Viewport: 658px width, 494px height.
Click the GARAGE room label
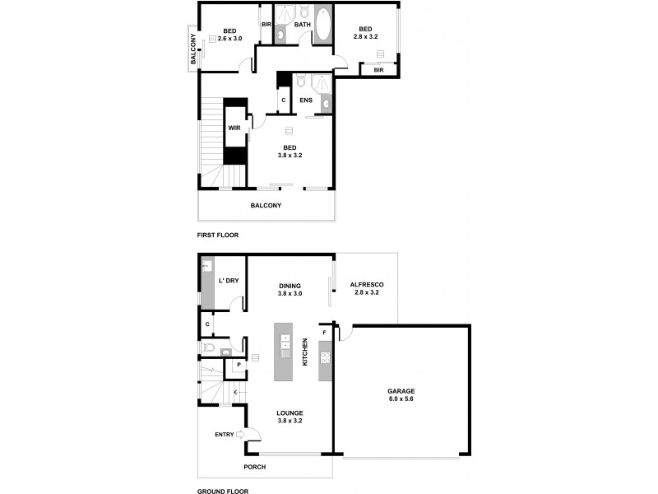tap(401, 391)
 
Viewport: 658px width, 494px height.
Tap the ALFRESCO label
tap(367, 284)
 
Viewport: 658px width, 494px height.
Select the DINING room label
tap(290, 285)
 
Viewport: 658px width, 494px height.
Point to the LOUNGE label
tap(290, 412)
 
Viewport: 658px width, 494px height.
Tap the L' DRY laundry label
tap(229, 281)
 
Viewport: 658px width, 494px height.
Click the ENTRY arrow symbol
tap(240, 434)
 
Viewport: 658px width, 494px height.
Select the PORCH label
tap(254, 468)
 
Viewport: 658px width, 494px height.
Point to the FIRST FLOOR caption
tap(218, 235)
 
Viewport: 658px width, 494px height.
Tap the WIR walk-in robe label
tap(234, 128)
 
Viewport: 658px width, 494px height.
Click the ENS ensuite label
tap(306, 100)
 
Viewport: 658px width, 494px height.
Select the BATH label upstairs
tap(303, 25)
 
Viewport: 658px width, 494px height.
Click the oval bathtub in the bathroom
tap(322, 26)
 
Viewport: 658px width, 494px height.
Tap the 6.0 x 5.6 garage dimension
tap(401, 399)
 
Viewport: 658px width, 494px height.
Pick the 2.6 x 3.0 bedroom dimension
tap(229, 39)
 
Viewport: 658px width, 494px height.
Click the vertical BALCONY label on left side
tap(193, 49)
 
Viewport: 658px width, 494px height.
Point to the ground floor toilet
tap(209, 348)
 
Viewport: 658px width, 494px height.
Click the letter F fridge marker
tap(324, 333)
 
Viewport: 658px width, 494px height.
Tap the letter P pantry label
tap(239, 364)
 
